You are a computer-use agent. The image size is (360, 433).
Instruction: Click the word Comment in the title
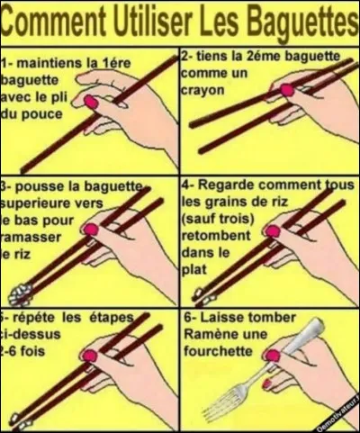[x=55, y=19]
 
